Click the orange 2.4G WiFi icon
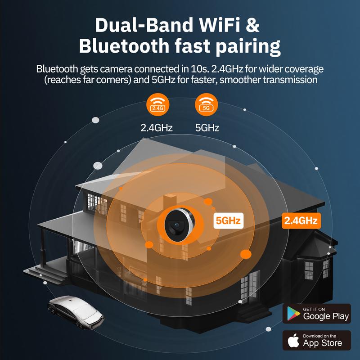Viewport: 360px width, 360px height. [x=158, y=104]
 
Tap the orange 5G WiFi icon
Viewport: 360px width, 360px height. [x=206, y=104]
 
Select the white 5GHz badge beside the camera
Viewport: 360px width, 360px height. [x=228, y=220]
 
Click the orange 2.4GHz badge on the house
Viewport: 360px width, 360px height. [x=301, y=220]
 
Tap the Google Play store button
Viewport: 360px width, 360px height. [x=317, y=314]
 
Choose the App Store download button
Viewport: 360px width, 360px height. [x=317, y=340]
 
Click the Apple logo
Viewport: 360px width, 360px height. [x=293, y=340]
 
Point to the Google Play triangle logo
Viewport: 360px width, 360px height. [x=293, y=314]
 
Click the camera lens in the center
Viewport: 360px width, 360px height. [x=176, y=224]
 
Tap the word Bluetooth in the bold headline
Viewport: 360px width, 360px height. [x=124, y=46]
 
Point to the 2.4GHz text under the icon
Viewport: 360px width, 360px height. [x=157, y=128]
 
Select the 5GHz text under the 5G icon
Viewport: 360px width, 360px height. [x=207, y=128]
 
